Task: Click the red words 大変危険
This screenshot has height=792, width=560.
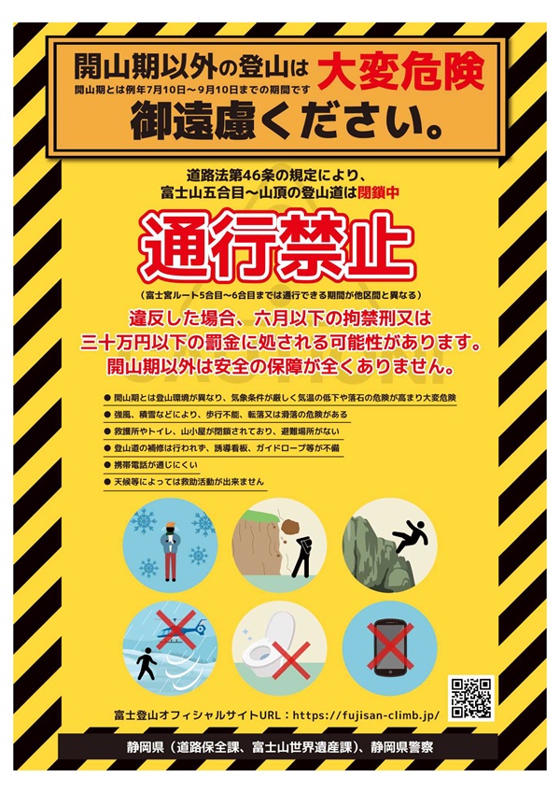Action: [401, 72]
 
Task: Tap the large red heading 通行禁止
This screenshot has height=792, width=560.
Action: [277, 247]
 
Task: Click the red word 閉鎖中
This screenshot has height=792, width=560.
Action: [378, 192]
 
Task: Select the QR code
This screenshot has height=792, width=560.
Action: [471, 698]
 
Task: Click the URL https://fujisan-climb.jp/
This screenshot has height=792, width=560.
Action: [366, 715]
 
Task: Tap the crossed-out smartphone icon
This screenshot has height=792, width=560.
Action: [390, 646]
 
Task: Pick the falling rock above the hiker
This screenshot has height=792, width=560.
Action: [290, 527]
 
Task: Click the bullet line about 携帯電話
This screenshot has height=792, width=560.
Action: [151, 465]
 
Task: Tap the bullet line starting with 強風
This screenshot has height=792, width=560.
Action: [226, 415]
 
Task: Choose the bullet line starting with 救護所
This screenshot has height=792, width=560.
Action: [222, 431]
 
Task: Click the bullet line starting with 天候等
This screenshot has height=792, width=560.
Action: [184, 481]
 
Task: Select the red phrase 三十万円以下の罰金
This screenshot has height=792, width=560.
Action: [162, 343]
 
